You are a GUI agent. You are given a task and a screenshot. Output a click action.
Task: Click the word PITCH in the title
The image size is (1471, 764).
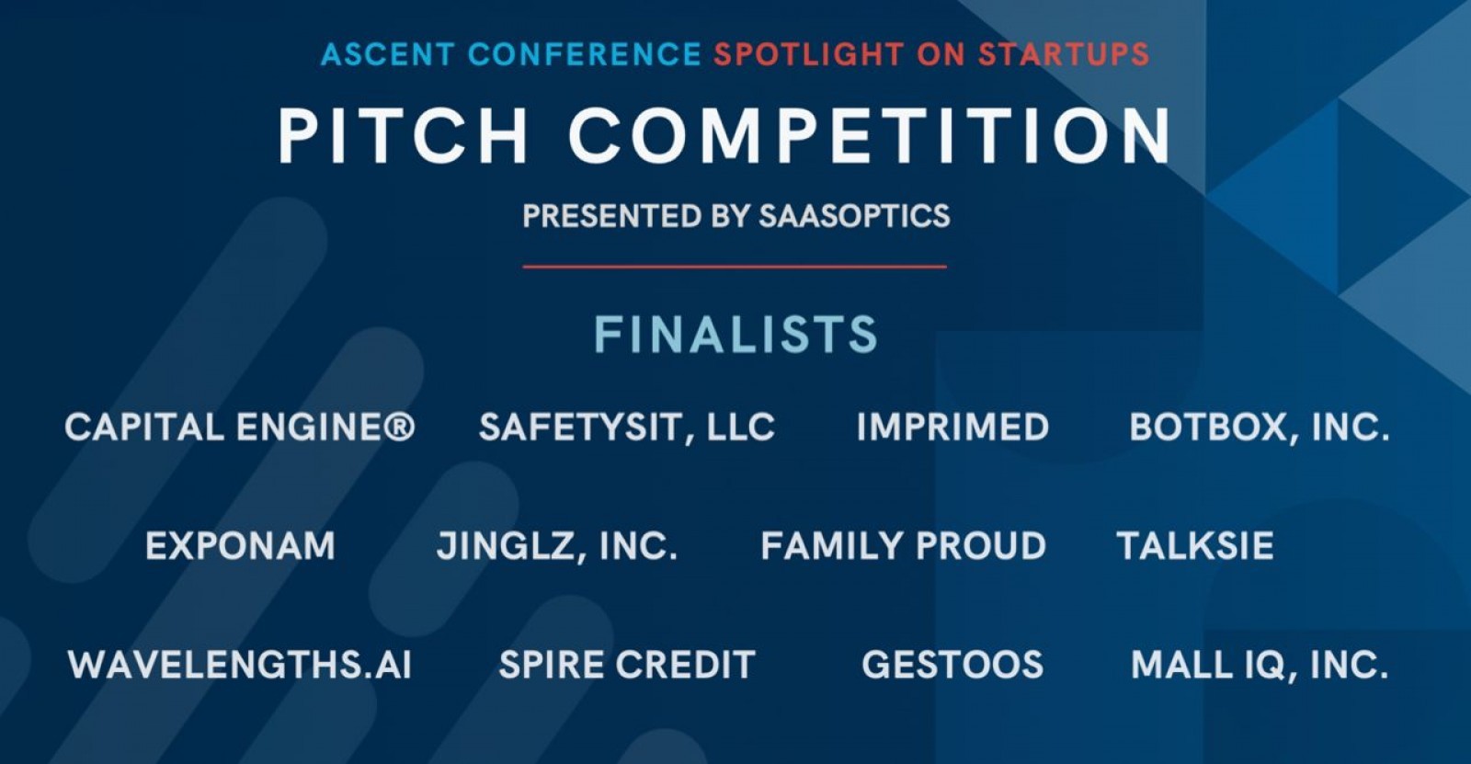tap(403, 135)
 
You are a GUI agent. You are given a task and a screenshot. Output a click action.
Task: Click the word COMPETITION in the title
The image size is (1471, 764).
tap(870, 135)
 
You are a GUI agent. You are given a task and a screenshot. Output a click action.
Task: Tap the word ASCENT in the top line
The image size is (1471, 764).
tap(387, 54)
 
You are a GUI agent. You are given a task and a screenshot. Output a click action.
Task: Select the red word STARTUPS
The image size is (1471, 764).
tap(1064, 54)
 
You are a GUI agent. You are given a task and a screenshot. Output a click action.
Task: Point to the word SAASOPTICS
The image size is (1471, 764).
tap(854, 216)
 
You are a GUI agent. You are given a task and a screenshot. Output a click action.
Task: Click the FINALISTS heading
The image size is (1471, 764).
tap(735, 335)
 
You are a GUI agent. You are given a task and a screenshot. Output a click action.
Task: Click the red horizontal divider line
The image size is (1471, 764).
tap(735, 267)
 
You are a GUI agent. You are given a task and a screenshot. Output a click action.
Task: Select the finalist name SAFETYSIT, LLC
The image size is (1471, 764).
tap(626, 428)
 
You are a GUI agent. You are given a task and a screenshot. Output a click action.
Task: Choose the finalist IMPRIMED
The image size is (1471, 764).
tap(952, 428)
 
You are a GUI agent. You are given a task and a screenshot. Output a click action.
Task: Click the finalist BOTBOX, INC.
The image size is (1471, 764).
tap(1259, 428)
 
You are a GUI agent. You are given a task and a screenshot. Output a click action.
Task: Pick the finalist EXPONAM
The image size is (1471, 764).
tap(240, 546)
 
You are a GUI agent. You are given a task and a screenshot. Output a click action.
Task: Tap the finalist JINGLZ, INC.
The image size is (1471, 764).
tap(556, 546)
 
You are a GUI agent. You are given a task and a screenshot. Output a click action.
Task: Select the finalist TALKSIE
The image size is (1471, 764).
tap(1194, 546)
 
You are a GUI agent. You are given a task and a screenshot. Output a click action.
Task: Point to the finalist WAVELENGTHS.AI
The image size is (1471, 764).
tap(240, 665)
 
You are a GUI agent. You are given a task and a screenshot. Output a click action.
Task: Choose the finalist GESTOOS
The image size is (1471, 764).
tap(952, 665)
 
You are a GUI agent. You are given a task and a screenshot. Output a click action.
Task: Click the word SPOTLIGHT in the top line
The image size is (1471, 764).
tap(809, 54)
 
